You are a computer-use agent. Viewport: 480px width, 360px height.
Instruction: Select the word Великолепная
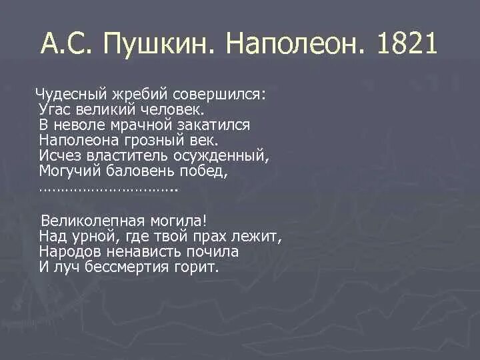90,221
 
